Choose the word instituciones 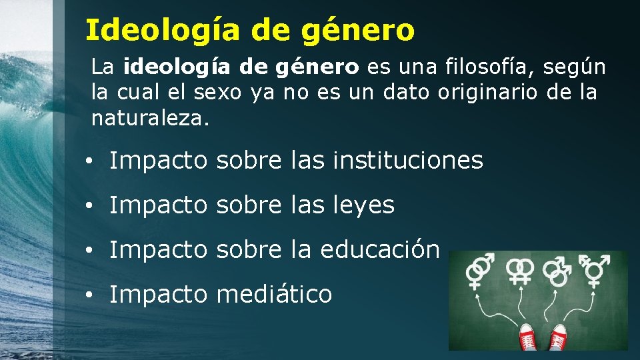tap(407, 161)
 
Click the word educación tap(380, 249)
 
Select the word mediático tap(274, 294)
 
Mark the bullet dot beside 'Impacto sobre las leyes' tap(88, 207)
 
